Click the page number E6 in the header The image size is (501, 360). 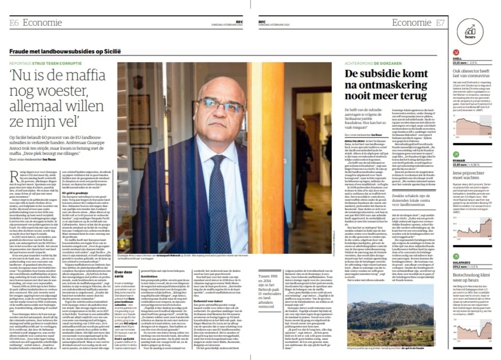coord(14,22)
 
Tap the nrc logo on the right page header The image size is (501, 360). coord(262,21)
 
